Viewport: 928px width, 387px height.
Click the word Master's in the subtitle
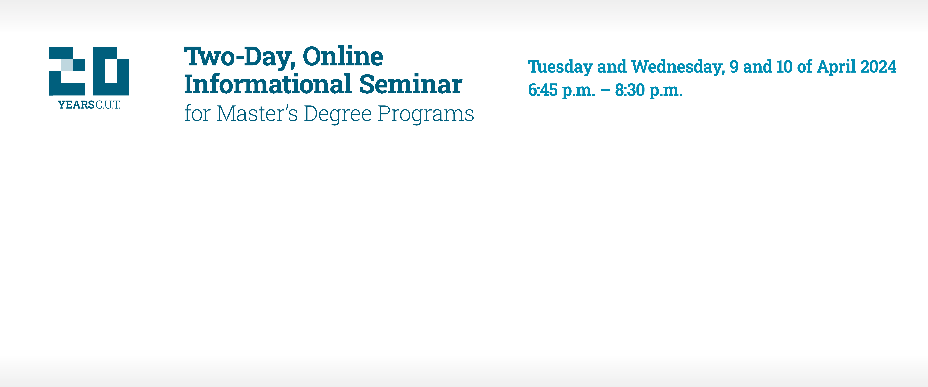[257, 114]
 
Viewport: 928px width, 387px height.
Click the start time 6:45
[543, 90]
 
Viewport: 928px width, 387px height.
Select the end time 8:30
[630, 90]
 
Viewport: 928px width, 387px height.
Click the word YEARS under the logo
[76, 105]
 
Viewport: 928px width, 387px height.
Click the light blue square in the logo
[67, 65]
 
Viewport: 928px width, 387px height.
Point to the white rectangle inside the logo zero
[111, 71]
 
